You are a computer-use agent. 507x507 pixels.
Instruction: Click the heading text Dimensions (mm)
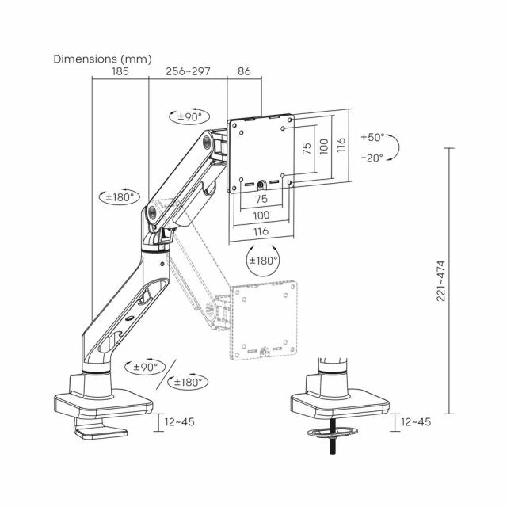[101, 59]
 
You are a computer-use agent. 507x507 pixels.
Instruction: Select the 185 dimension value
[120, 71]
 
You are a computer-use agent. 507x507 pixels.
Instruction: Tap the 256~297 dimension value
[188, 71]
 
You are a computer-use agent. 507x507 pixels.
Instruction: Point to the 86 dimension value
[244, 71]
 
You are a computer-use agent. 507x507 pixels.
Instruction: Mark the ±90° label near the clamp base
[145, 368]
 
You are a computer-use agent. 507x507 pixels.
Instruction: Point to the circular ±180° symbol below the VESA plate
[264, 260]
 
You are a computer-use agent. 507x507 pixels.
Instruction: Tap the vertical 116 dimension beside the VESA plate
[340, 145]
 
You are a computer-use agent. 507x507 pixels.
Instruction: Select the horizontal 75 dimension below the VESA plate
[261, 200]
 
